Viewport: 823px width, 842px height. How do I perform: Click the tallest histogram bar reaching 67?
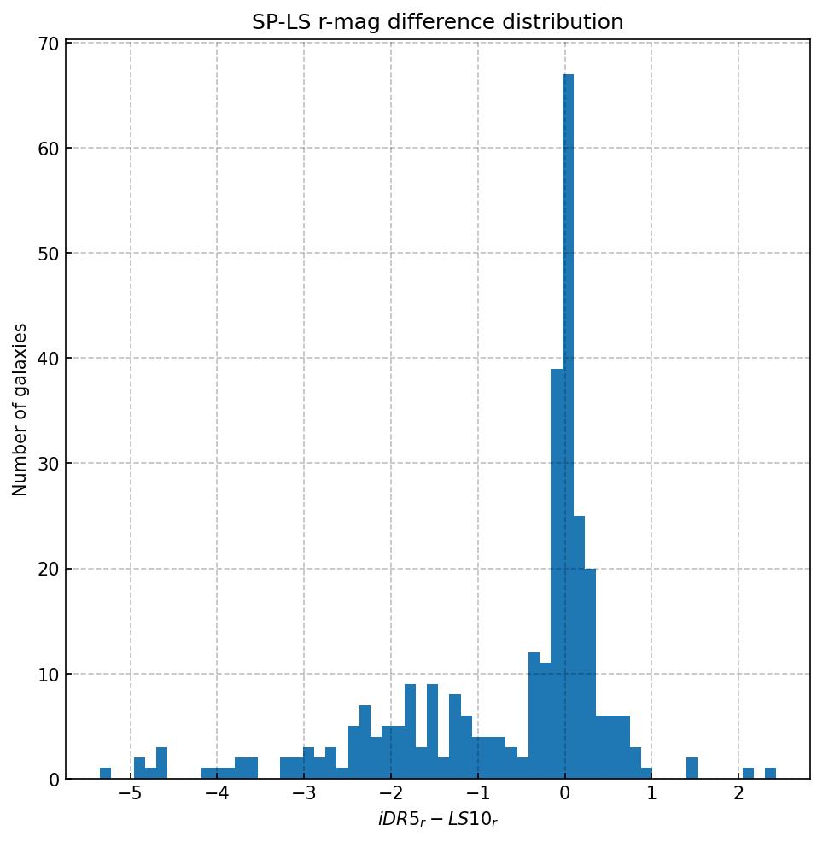(568, 427)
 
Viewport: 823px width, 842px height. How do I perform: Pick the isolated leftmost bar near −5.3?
(105, 774)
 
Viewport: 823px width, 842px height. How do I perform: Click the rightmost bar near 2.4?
(770, 774)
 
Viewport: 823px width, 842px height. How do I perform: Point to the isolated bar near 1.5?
(692, 769)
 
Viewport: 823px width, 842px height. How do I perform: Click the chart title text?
(437, 22)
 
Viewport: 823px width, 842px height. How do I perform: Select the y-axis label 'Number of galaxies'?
(20, 409)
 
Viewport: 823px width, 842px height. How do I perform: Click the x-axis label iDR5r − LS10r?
(437, 821)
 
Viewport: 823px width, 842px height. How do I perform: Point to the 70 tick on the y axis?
(47, 43)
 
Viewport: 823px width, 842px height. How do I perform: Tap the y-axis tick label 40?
(47, 359)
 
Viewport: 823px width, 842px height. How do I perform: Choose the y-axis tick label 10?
(47, 675)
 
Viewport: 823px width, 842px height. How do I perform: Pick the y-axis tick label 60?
(47, 149)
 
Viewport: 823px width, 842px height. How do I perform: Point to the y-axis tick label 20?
(47, 570)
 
